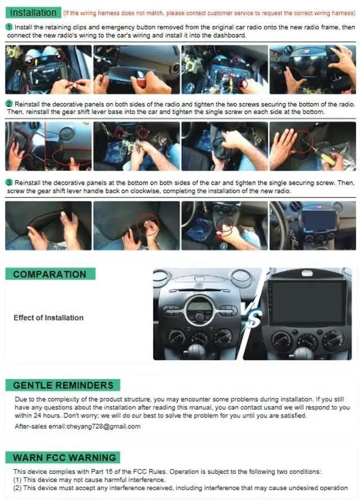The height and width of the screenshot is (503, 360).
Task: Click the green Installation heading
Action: click(x=33, y=12)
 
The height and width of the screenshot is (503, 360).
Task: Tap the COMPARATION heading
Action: click(x=50, y=274)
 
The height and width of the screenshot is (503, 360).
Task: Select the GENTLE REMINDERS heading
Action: click(x=63, y=385)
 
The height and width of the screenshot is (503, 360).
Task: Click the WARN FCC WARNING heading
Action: click(x=63, y=457)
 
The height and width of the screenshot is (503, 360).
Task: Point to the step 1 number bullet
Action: click(x=10, y=27)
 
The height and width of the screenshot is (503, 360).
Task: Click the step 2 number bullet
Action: click(x=10, y=104)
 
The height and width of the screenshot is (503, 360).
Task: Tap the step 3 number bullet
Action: click(x=10, y=182)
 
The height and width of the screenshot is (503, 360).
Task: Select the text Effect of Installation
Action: click(x=48, y=317)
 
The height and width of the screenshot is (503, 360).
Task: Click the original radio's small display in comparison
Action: click(x=199, y=306)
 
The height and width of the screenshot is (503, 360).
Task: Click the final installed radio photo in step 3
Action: click(x=313, y=226)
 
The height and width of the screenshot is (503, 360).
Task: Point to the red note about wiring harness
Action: click(x=209, y=13)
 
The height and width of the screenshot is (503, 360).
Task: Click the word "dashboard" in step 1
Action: click(x=230, y=35)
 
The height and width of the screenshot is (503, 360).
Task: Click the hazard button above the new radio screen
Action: click(x=308, y=273)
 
